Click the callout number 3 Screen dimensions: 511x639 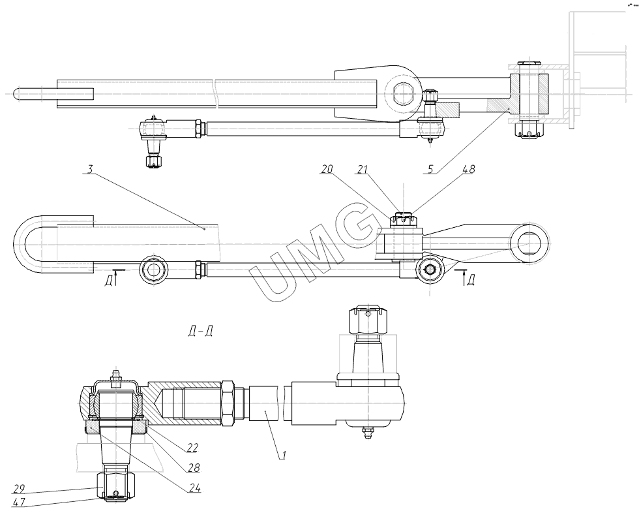91,169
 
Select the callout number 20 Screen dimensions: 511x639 327,168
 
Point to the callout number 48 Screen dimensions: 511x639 468,169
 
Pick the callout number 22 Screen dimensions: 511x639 192,448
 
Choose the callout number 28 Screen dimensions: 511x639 194,468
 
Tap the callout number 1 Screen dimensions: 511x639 281,454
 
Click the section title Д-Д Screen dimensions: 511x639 198,331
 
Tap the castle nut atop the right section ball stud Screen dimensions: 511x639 368,320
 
